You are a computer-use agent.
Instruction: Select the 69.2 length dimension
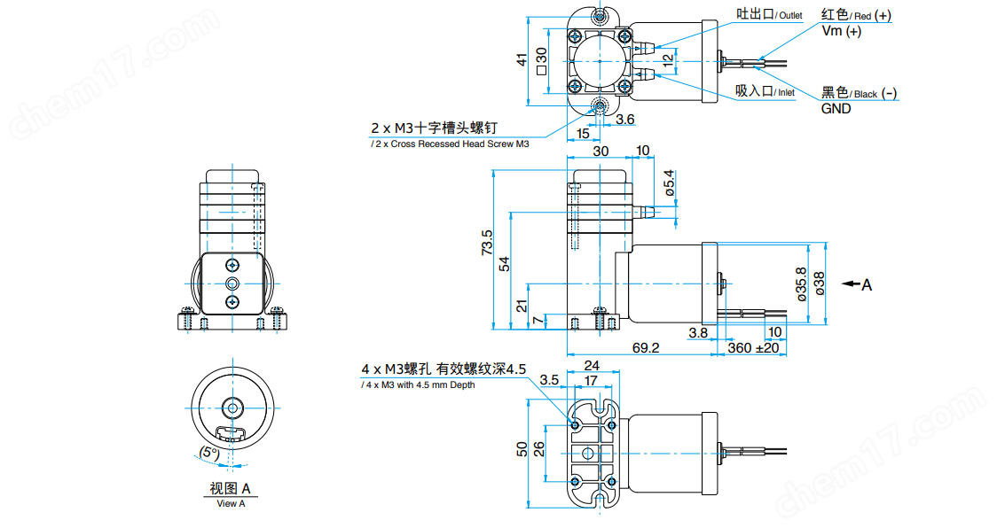[x=647, y=348]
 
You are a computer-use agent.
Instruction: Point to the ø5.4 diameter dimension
[x=670, y=182]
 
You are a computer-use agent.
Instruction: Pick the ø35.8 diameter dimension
[x=802, y=284]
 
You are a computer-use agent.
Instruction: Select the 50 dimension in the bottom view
[x=522, y=449]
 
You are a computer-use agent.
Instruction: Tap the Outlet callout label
[x=768, y=15]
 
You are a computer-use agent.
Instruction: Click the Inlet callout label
[x=765, y=91]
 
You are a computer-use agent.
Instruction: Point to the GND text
[x=836, y=109]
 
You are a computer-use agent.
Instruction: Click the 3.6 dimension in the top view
[x=624, y=119]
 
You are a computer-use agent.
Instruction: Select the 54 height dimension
[x=504, y=263]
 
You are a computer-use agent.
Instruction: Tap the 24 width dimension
[x=592, y=364]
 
